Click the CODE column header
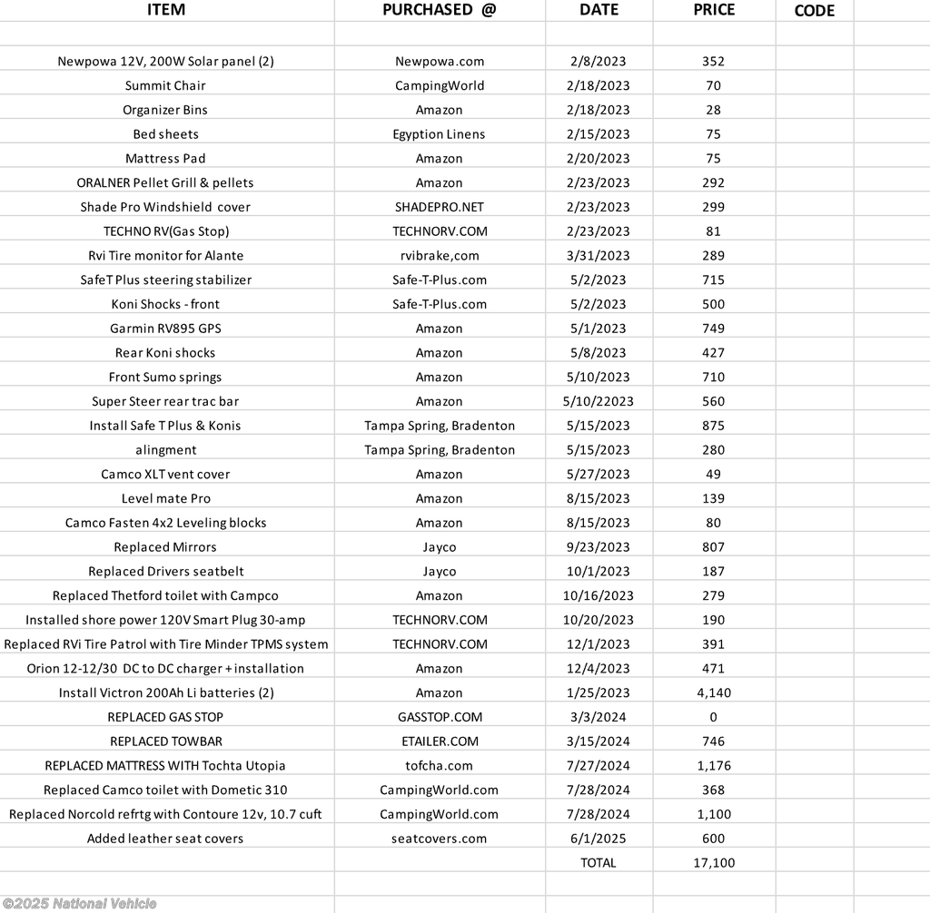(814, 11)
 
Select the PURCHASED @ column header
(439, 10)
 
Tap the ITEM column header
(165, 10)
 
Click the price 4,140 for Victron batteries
(713, 692)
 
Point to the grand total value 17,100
(713, 863)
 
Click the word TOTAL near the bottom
(598, 863)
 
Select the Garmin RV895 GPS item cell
(165, 329)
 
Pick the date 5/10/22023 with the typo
(599, 401)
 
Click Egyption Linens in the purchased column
(440, 134)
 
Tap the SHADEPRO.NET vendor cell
(440, 207)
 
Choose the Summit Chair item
(165, 85)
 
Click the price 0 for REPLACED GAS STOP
(713, 717)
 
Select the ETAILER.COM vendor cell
(440, 741)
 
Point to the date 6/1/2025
(599, 839)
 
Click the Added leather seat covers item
(165, 839)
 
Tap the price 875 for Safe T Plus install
(713, 426)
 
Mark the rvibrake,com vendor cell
(440, 256)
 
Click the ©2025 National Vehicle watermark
(79, 904)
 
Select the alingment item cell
(165, 450)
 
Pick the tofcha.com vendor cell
(440, 766)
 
